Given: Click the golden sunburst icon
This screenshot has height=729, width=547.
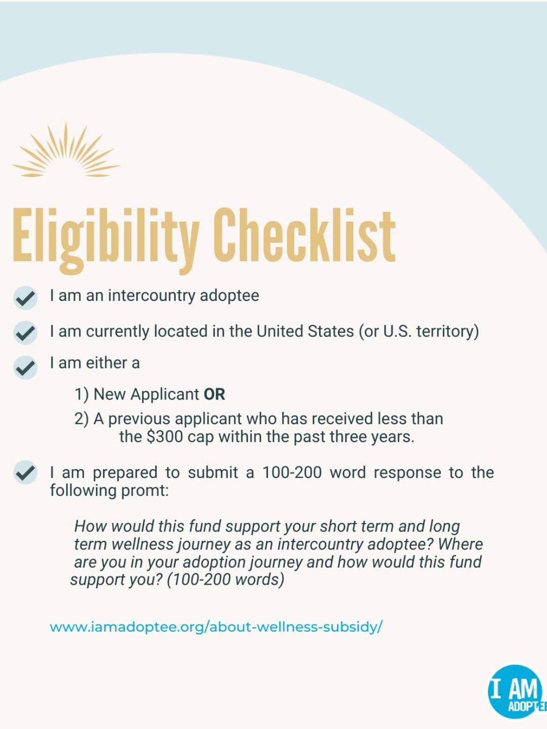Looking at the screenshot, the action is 66,150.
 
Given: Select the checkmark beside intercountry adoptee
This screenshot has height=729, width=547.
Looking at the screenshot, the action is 25,298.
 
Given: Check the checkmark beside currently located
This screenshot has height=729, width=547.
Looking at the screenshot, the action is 25,333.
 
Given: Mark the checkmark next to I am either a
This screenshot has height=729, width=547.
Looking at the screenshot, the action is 25,368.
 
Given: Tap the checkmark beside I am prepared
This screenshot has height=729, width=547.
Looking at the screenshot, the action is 25,472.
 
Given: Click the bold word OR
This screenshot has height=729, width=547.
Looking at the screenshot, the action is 214,394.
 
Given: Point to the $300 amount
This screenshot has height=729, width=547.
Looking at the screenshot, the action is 165,437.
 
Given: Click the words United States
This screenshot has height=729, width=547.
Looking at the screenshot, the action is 305,331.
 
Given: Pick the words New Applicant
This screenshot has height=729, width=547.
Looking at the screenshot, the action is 146,394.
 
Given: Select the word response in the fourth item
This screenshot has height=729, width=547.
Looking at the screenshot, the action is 408,473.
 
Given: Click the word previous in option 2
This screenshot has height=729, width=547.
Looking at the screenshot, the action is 139,419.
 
